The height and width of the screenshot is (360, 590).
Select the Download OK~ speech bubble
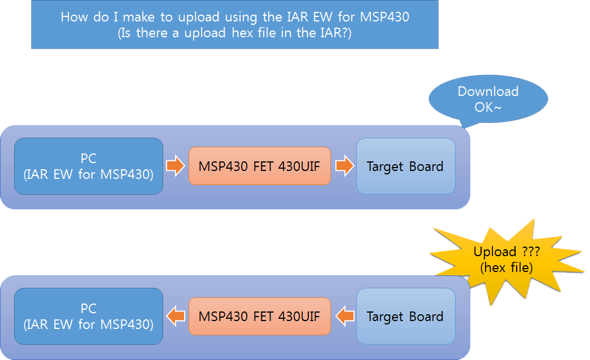click(x=488, y=99)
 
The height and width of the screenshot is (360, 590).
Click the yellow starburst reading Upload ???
click(x=506, y=260)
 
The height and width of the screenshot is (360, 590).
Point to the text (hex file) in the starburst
click(x=506, y=267)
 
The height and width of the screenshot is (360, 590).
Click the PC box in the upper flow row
click(x=89, y=166)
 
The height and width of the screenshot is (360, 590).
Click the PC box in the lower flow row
click(x=89, y=316)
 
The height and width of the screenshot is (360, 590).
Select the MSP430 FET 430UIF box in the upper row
click(x=259, y=166)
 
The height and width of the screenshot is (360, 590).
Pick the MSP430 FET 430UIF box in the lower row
click(x=259, y=316)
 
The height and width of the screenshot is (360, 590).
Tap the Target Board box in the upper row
click(x=405, y=166)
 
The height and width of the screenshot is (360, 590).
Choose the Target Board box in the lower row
click(x=405, y=316)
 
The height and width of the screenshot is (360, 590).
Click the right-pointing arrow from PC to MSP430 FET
click(x=175, y=166)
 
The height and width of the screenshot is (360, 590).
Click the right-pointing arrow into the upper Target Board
click(x=344, y=166)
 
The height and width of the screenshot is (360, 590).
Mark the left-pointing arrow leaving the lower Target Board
click(x=344, y=316)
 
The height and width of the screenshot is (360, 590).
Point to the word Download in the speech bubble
click(x=488, y=91)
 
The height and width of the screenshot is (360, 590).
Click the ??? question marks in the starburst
click(x=529, y=252)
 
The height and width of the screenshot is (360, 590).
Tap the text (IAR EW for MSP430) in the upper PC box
click(x=89, y=174)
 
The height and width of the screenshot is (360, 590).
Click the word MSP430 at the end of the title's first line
click(x=386, y=17)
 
